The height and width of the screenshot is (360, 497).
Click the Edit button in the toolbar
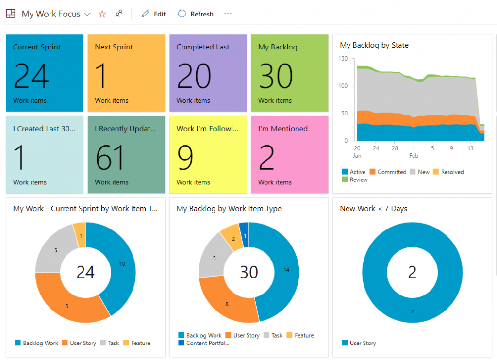point(153,14)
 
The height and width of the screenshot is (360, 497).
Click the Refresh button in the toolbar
point(196,14)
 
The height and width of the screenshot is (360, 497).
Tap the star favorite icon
point(102,14)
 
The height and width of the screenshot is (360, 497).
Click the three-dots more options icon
point(228,14)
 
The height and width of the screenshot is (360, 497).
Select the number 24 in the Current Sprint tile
point(31,76)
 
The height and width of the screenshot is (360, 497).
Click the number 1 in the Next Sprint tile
point(100,76)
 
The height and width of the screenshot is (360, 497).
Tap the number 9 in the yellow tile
point(185,158)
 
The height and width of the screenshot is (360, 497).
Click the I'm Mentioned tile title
point(283,129)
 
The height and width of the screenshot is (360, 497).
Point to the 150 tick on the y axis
point(343,59)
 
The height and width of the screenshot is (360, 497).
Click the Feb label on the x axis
point(414,156)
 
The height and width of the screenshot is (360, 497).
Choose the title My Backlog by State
point(374,45)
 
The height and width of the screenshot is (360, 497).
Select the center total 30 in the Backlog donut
point(249,272)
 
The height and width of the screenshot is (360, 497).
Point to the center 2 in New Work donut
point(412,272)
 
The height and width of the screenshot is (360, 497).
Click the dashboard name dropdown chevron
point(87,14)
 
